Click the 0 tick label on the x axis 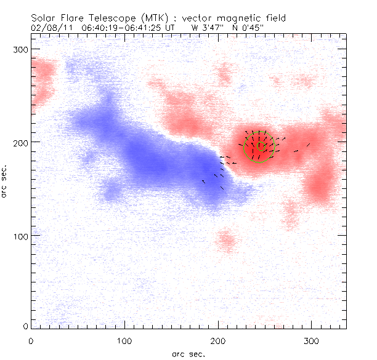click(x=31, y=340)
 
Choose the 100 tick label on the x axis click(x=124, y=340)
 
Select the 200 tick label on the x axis click(x=219, y=340)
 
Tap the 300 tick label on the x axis click(x=312, y=340)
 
